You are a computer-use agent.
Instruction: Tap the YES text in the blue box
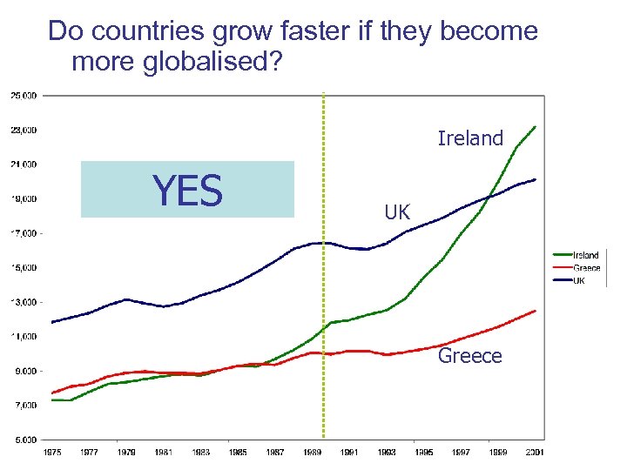click(x=187, y=190)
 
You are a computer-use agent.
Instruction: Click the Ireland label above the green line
click(x=470, y=138)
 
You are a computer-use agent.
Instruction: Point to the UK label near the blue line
click(x=397, y=212)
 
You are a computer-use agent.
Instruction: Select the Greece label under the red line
click(x=470, y=356)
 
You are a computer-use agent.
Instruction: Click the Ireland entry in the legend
click(x=585, y=255)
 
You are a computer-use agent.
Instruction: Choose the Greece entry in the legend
click(x=586, y=268)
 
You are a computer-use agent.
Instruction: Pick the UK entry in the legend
click(x=578, y=280)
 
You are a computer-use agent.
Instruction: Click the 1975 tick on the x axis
click(x=52, y=453)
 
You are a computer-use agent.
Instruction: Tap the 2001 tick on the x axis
click(x=535, y=453)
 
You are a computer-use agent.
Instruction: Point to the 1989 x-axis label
click(x=312, y=453)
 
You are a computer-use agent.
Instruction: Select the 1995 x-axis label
click(x=423, y=453)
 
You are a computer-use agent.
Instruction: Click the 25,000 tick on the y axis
click(x=24, y=95)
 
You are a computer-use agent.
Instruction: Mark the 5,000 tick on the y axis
click(x=24, y=440)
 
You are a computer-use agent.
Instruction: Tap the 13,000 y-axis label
click(x=24, y=302)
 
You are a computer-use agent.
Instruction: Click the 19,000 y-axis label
click(x=24, y=198)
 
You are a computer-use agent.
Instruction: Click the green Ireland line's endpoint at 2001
click(x=535, y=127)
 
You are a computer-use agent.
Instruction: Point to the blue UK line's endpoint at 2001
click(x=535, y=179)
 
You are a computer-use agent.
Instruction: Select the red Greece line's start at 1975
click(x=52, y=393)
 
